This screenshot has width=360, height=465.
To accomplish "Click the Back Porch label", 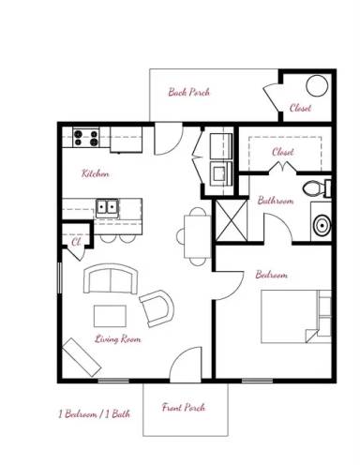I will pos(188,92).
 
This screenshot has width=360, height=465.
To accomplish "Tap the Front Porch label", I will pos(183,408).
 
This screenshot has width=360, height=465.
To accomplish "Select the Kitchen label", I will pos(95,174).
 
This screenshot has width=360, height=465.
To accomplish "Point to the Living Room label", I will pos(118,338).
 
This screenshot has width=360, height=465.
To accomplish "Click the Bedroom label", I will pos(271,275).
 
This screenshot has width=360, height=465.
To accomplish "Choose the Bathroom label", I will pos(276,201).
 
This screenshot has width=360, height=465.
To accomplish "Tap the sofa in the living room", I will pos(109,279).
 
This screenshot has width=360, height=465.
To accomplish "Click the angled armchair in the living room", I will pos(157,307).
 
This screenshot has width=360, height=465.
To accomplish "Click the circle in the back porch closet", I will pos(316,87).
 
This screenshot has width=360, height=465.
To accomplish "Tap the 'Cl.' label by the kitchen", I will pos(75,241).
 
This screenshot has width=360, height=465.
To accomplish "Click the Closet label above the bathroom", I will pos(282,152).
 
